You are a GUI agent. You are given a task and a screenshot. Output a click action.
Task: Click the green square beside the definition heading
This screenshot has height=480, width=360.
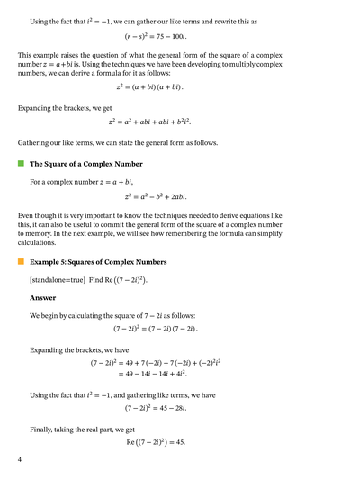click(x=20, y=165)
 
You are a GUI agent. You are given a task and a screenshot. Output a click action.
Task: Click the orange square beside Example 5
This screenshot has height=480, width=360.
click(x=20, y=262)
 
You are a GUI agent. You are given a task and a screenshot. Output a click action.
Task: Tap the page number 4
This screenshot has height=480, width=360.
click(x=19, y=460)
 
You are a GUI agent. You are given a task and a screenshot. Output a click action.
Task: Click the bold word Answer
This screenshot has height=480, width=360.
click(x=42, y=297)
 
